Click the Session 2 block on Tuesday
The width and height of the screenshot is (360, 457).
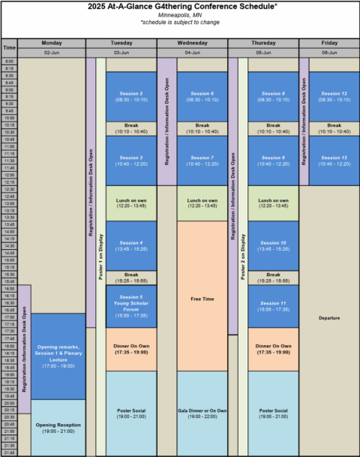pos(131,96)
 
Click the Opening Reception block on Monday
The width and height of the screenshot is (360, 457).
pos(57,428)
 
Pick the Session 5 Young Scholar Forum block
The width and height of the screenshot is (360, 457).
pos(131,306)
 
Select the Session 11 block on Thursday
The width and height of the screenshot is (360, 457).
pos(273,306)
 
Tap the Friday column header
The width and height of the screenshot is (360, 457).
pos(329,44)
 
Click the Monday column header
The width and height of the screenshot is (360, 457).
pos(52,44)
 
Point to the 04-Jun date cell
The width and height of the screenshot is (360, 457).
pos(192,53)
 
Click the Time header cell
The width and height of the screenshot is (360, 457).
pos(9,48)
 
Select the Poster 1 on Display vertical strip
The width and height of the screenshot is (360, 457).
pos(100,255)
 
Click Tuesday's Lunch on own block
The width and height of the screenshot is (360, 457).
pos(131,203)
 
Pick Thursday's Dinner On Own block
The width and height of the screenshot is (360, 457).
pos(273,349)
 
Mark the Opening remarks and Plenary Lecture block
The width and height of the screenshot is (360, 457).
pos(57,356)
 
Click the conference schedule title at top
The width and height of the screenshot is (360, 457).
pos(180,7)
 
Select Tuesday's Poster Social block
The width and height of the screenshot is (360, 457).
pos(131,413)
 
